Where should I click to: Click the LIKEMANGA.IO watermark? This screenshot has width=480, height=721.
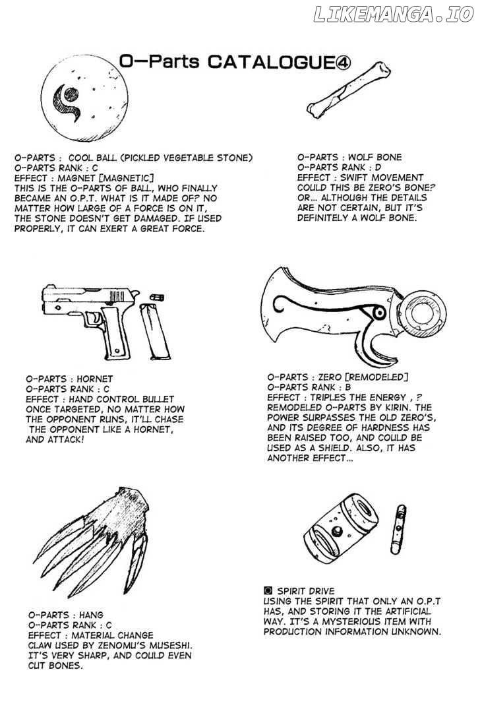(x=393, y=15)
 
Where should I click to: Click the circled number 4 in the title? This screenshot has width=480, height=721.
(x=343, y=62)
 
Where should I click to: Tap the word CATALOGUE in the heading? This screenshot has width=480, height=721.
(x=271, y=62)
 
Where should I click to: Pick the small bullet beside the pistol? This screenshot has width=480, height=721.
(x=157, y=297)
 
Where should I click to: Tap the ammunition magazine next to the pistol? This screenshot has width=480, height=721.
(x=155, y=331)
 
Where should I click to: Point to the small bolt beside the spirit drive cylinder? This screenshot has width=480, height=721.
(x=398, y=529)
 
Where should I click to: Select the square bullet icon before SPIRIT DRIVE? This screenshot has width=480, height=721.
(x=268, y=591)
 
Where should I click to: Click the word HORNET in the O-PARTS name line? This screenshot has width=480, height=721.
(x=95, y=379)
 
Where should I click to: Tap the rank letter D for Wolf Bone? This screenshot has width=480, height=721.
(x=378, y=168)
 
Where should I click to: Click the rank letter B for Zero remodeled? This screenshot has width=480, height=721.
(x=347, y=387)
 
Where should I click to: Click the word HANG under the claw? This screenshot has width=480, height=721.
(x=91, y=615)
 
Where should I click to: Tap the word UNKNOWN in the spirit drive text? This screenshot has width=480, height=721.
(x=415, y=631)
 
